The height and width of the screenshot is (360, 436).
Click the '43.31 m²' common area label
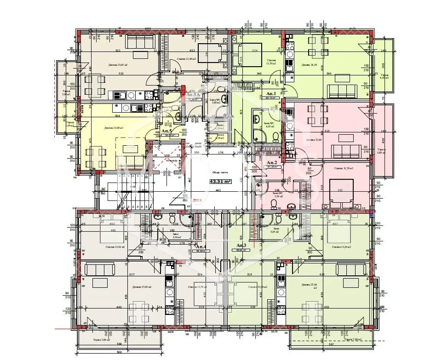pyautogui.click(x=220, y=182)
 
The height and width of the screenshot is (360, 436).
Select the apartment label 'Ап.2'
pyautogui.click(x=272, y=163)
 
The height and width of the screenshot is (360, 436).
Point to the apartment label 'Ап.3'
pyautogui.click(x=241, y=246)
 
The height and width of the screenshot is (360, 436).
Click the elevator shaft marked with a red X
pyautogui.click(x=166, y=156)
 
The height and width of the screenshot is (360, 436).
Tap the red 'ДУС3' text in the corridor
pyautogui.click(x=198, y=200)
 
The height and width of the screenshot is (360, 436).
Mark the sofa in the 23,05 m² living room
pyautogui.click(x=137, y=42)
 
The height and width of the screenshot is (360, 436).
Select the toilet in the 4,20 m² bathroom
pyautogui.click(x=275, y=137)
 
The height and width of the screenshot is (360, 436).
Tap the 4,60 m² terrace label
pyautogui.click(x=384, y=77)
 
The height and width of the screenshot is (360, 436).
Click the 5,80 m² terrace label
pyautogui.click(x=381, y=152)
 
